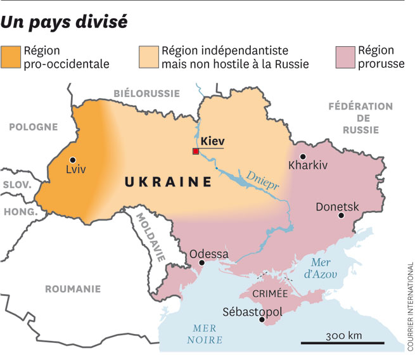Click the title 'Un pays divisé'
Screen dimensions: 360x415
[64, 22]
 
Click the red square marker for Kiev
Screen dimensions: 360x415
[196, 151]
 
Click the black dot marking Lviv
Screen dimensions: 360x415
[74, 160]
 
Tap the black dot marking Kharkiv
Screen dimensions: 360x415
[303, 157]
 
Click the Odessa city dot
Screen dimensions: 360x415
[201, 262]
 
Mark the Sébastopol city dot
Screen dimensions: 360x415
[262, 321]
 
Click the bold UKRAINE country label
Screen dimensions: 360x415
[168, 183]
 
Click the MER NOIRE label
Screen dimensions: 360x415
[205, 334]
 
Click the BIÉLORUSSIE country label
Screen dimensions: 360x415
[146, 93]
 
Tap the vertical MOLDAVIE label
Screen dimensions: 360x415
[155, 238]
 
